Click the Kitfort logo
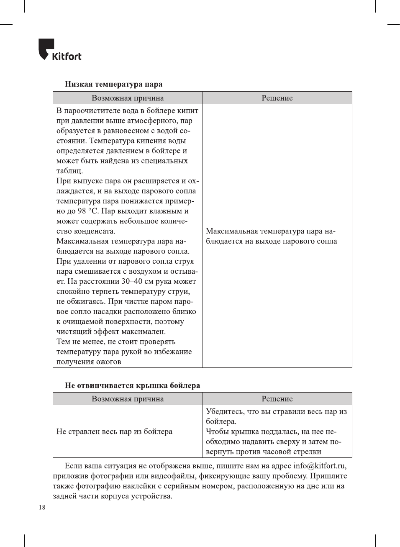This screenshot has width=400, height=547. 60,50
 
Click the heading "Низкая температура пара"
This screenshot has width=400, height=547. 113,84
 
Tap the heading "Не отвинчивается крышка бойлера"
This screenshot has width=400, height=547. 132,385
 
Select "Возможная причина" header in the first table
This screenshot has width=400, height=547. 128,98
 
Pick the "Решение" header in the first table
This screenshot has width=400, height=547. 277,98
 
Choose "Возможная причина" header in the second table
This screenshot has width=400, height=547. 128,399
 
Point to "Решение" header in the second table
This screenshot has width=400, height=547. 277,399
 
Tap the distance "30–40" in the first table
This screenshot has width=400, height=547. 132,281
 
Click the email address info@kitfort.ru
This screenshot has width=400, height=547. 319,466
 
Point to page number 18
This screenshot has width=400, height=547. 42,508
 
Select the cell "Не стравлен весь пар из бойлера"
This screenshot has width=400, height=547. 114,431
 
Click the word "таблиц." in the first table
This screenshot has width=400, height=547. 69,171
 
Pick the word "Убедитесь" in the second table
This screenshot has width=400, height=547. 225,411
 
